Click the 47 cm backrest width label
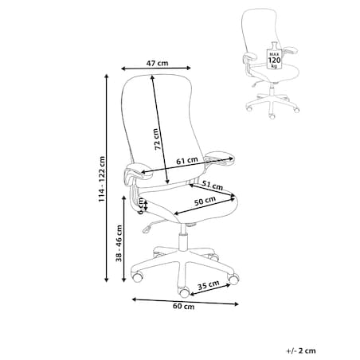[x=157, y=63]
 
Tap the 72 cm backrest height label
[x=157, y=139]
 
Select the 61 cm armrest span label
[x=187, y=160]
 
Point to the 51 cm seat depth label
[x=213, y=185]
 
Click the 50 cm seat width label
[x=205, y=201]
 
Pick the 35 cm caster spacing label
[x=209, y=285]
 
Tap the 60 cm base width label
[x=184, y=307]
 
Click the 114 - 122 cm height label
[x=102, y=179]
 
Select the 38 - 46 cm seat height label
[x=119, y=243]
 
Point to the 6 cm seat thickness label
[x=142, y=206]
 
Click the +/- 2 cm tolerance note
[x=301, y=350]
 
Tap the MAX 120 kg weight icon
[x=274, y=56]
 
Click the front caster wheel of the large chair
[x=184, y=292]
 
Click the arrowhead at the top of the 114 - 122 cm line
[x=107, y=76]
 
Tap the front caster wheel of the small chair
[x=272, y=115]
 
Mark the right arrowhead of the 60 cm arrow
[x=236, y=304]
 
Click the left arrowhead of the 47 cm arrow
[x=123, y=68]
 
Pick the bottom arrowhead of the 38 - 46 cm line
[x=123, y=279]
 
